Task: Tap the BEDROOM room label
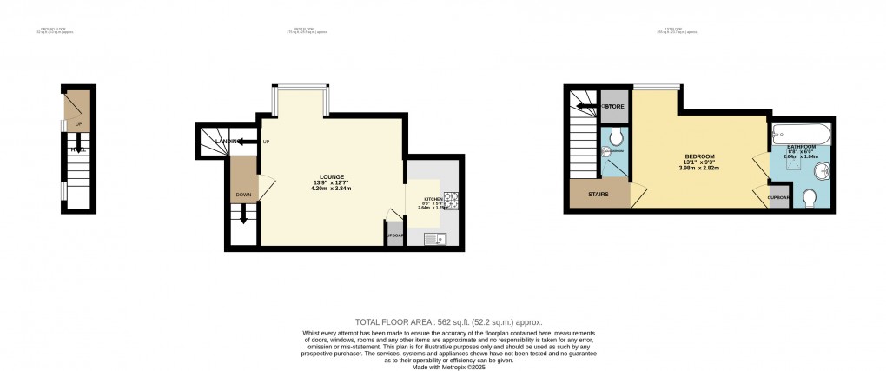click(x=698, y=156)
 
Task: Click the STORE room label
click(x=615, y=107)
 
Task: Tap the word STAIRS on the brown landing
click(x=598, y=195)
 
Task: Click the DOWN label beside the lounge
click(x=243, y=195)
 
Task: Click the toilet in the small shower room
click(x=617, y=136)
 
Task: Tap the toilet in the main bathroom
click(x=810, y=200)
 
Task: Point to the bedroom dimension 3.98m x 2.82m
click(x=698, y=169)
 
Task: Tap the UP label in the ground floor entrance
click(x=79, y=124)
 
